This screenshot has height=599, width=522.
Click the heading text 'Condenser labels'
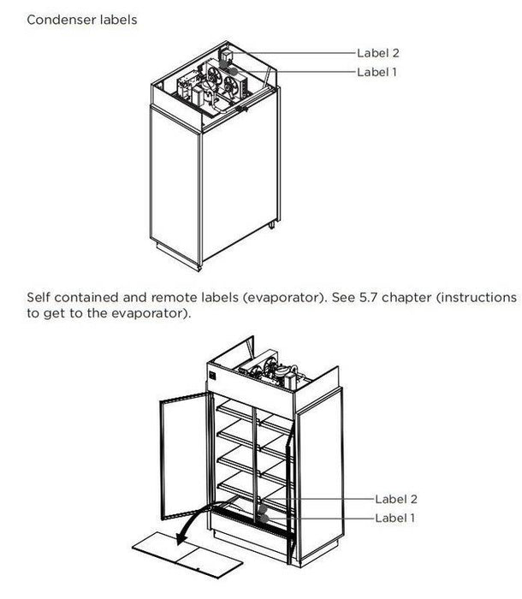pyautogui.click(x=81, y=19)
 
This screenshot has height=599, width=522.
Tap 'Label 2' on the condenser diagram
pyautogui.click(x=377, y=52)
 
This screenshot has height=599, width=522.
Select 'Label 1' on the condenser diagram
pyautogui.click(x=377, y=72)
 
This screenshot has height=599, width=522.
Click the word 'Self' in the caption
pyautogui.click(x=40, y=297)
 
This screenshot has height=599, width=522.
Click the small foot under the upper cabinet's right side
pyautogui.click(x=272, y=225)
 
